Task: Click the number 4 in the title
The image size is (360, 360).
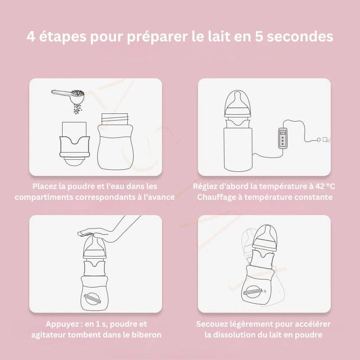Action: (x=31, y=36)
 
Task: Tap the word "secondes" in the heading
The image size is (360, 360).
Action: (x=300, y=36)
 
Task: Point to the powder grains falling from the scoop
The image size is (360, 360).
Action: (x=77, y=108)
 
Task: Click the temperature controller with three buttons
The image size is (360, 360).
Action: (x=283, y=138)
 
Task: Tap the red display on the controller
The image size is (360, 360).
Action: (x=283, y=133)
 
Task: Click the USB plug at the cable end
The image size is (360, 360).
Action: (x=324, y=139)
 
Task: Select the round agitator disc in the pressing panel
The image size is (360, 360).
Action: (x=92, y=299)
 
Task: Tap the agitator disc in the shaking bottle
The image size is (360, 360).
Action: (x=252, y=292)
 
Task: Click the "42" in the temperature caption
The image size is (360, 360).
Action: (x=320, y=186)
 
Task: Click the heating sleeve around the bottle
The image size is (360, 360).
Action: (x=238, y=149)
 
